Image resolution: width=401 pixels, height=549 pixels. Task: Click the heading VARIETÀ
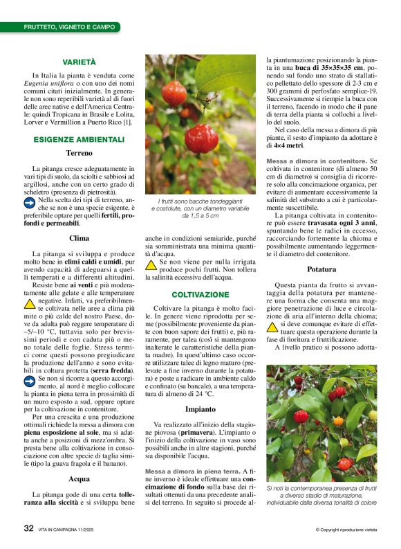[x=79, y=62]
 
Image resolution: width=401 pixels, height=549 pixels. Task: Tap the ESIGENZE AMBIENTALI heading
[x=79, y=139]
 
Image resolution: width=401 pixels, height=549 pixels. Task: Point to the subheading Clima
[x=79, y=239]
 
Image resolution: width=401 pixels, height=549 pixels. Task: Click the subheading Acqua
[x=79, y=478]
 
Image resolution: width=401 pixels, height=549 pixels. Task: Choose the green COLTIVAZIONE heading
[x=200, y=294]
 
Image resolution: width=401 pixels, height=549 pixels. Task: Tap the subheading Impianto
[x=200, y=410]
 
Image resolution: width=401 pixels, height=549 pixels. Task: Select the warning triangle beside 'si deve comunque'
[x=272, y=323]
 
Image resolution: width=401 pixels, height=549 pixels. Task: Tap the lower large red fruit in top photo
[x=202, y=138]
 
